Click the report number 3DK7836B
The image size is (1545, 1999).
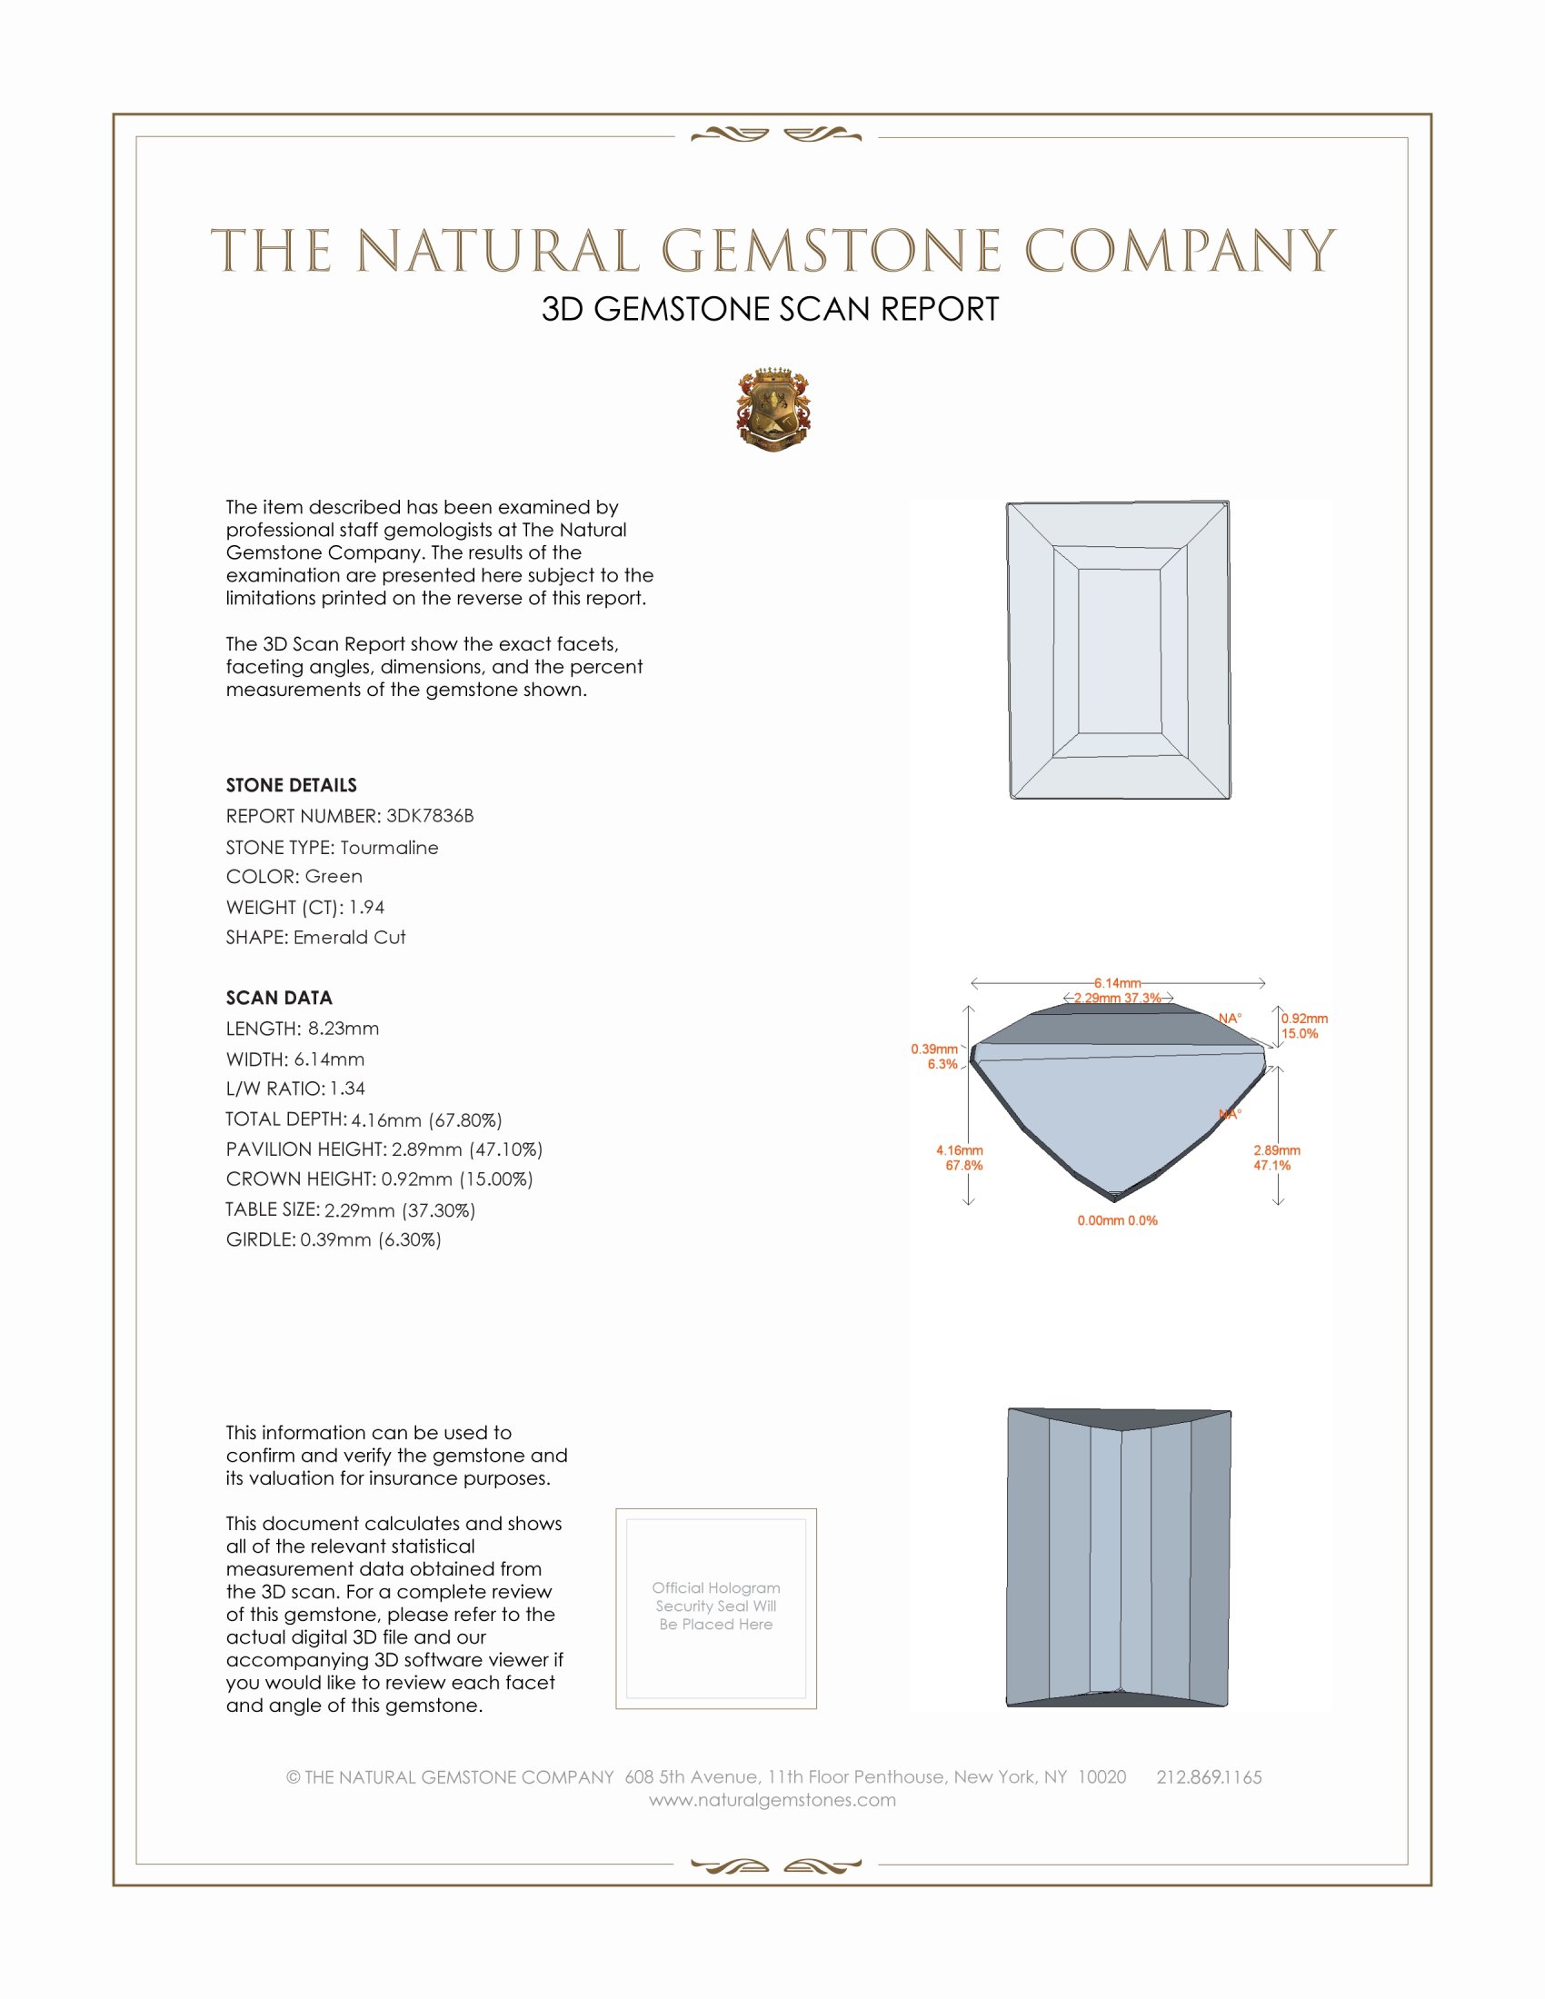pyautogui.click(x=429, y=816)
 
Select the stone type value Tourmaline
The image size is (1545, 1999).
pyautogui.click(x=389, y=848)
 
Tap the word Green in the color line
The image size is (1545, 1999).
pyautogui.click(x=334, y=877)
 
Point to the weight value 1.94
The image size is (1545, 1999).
pyautogui.click(x=366, y=907)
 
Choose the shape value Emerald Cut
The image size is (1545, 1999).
pyautogui.click(x=349, y=938)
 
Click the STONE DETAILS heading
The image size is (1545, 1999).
pyautogui.click(x=291, y=785)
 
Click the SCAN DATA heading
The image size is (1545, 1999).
pyautogui.click(x=279, y=998)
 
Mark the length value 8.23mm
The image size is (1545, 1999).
pyautogui.click(x=344, y=1029)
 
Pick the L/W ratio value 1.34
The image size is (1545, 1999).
pyautogui.click(x=348, y=1089)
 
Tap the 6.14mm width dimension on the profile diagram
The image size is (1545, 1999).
pyautogui.click(x=1117, y=983)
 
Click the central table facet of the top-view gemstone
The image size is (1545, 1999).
pyautogui.click(x=1120, y=651)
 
